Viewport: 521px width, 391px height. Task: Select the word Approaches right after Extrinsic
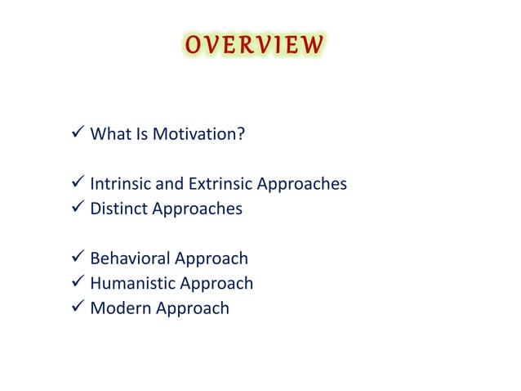[302, 185]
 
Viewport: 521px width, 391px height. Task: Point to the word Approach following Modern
[190, 310]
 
